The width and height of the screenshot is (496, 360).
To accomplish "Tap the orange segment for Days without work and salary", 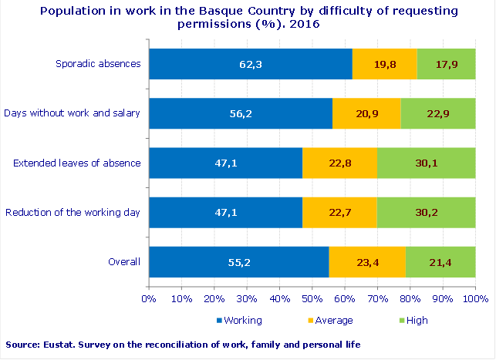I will pos(366,113).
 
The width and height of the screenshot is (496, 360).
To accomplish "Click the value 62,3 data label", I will pos(251,64).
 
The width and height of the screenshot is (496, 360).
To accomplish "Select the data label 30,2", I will pos(426,213).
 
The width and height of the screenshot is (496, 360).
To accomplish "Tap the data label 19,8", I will pos(384,64).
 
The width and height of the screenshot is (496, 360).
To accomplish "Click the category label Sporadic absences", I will pos(97,63).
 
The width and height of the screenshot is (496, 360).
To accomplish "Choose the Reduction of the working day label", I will pos(73,212).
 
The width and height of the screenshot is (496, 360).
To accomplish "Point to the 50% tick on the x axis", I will pos(312,298).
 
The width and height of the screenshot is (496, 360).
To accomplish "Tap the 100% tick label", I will pos(475,298).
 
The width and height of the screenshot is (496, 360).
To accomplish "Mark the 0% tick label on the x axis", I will pos(148,298).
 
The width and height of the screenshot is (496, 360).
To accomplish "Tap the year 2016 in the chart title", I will pos(304,24).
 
